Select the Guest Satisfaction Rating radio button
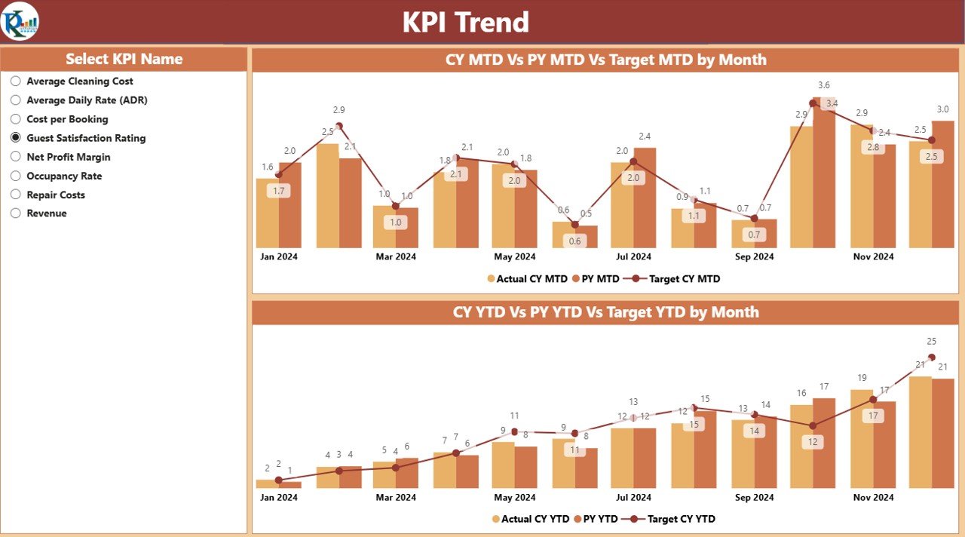pos(16,138)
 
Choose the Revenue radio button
pos(16,213)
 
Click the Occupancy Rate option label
pos(64,176)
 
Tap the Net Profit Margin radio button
pos(16,157)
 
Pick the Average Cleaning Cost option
pos(79,81)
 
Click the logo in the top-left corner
pos(20,21)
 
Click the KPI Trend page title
pos(465,23)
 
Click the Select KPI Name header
pos(124,59)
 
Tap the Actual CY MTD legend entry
pos(532,279)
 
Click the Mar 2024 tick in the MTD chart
pos(396,256)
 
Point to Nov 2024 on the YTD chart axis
pos(873,498)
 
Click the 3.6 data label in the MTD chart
pos(824,85)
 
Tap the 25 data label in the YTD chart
pos(932,341)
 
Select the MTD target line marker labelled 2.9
pos(339,126)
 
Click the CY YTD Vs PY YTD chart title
pos(605,312)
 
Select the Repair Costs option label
pos(56,195)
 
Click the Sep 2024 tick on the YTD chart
pos(754,498)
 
